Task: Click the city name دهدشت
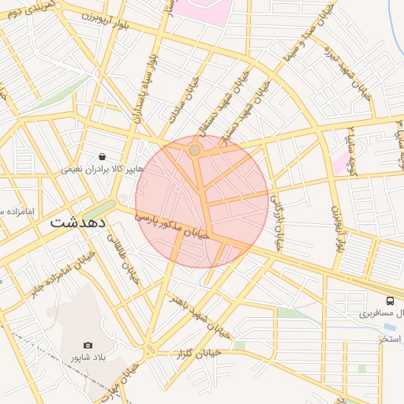78,223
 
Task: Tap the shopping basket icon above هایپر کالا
102,157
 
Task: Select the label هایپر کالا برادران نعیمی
102,170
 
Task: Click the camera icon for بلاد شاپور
88,346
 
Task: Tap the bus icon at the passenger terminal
390,301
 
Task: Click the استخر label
391,339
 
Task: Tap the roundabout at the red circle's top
195,149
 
